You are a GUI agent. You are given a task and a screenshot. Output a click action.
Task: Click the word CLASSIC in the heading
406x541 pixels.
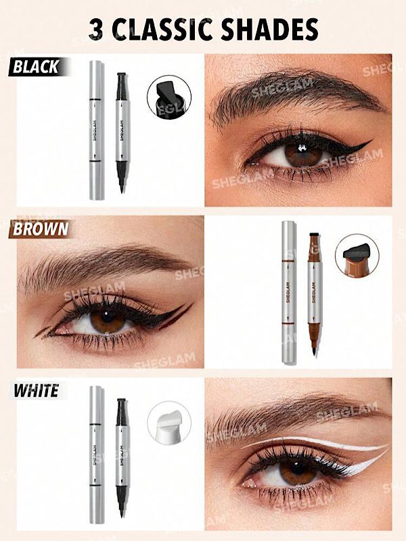point(162,30)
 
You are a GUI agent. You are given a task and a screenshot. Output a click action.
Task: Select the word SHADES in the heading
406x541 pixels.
point(269,30)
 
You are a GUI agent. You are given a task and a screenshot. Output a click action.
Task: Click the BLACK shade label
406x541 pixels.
point(36,67)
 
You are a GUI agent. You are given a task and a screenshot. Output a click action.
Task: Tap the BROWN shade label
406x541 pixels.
point(41,229)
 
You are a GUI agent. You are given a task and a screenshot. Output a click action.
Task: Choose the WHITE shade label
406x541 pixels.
point(37,391)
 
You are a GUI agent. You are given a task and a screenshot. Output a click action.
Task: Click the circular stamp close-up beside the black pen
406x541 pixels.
point(169,97)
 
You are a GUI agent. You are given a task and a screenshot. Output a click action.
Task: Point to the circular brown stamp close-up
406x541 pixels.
point(357,256)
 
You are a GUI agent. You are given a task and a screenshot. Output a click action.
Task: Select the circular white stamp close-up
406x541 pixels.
point(169,423)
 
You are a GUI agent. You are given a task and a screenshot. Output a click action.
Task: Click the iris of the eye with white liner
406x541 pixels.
point(298,471)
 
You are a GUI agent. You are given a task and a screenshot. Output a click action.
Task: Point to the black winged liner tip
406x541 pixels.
point(371,141)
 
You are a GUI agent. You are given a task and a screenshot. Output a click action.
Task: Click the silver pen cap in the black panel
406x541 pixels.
point(97,131)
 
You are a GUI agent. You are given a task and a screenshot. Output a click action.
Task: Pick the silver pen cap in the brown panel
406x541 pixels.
point(289,293)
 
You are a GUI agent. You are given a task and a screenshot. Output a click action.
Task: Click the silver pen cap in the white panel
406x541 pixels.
point(97,454)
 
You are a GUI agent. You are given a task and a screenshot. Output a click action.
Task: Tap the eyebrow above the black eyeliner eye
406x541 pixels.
point(297,93)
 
